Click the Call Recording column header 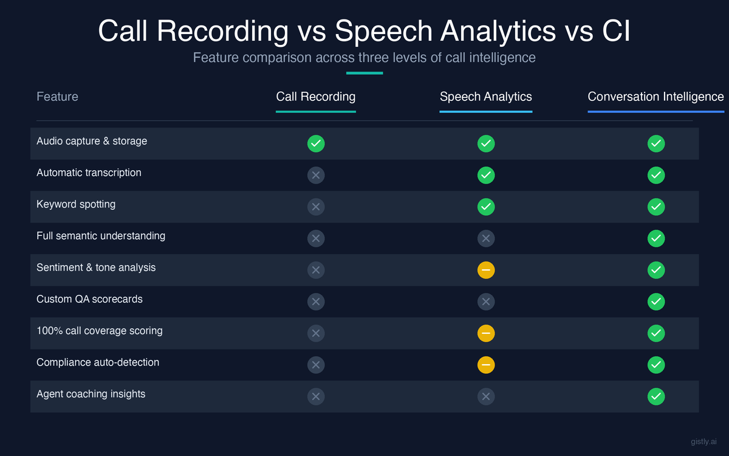coord(315,97)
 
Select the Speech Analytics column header coord(485,97)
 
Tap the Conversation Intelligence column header coord(655,97)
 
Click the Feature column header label coord(57,97)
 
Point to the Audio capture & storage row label coord(92,141)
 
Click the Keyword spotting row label coord(76,204)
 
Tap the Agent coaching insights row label coord(91,394)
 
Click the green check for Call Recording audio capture coord(316,143)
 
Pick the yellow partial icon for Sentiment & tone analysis coord(486,270)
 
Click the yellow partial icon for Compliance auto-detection coord(486,365)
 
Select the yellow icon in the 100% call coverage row coord(486,333)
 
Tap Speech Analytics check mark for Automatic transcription coord(486,175)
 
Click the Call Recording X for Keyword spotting coord(316,207)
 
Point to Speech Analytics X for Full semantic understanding coord(486,238)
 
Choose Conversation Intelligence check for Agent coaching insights coord(656,396)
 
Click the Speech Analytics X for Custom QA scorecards coord(486,302)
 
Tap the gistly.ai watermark coord(703,442)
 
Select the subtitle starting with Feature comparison coord(364,58)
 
